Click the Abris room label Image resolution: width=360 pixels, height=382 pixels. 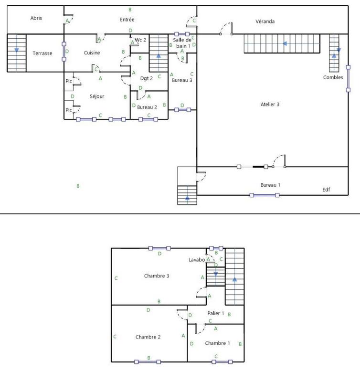(x=36, y=18)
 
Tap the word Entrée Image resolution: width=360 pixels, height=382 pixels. (x=127, y=20)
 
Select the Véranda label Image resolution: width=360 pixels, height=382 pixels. (x=265, y=21)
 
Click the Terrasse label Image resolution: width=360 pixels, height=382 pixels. (x=42, y=53)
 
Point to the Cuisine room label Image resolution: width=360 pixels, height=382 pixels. (x=92, y=53)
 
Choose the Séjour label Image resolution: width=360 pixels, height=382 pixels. (x=97, y=96)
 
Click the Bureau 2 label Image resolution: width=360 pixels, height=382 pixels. (x=147, y=107)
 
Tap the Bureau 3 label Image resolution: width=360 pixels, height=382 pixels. (x=182, y=80)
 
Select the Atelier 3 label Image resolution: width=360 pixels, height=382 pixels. (x=270, y=104)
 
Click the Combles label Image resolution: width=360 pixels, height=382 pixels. (x=333, y=77)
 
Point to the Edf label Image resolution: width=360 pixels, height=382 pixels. (x=326, y=190)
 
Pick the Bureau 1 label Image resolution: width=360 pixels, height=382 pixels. (x=270, y=185)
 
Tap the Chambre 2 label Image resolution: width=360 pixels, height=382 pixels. (x=148, y=337)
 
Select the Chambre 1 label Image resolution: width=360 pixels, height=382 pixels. (x=217, y=343)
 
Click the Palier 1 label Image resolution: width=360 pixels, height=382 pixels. (x=216, y=313)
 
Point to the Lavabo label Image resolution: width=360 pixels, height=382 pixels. (x=196, y=260)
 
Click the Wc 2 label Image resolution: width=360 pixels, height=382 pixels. (x=140, y=40)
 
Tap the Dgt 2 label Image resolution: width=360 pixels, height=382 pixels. (x=146, y=79)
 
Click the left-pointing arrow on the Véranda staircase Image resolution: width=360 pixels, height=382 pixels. (x=285, y=43)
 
